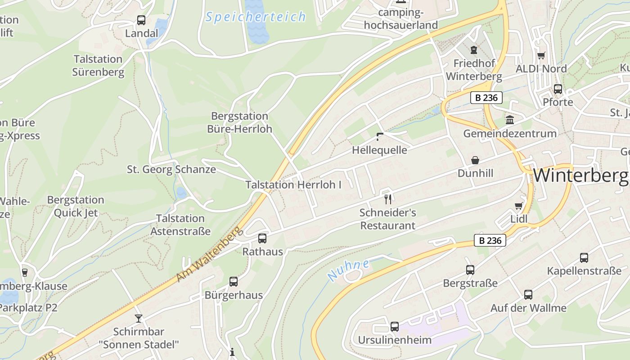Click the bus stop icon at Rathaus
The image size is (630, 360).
(262, 238)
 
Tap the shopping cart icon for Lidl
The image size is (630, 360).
(518, 206)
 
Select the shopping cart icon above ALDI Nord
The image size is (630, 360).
(541, 56)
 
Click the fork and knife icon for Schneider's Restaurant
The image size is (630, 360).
(388, 198)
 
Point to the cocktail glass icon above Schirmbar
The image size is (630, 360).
(139, 319)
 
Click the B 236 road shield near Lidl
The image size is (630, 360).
(490, 240)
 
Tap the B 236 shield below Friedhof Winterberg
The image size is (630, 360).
(486, 98)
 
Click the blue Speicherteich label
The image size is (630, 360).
(256, 18)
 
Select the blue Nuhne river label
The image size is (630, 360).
(348, 270)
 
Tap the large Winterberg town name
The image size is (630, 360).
(580, 175)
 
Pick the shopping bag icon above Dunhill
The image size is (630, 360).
(475, 160)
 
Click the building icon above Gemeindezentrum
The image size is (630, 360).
(510, 120)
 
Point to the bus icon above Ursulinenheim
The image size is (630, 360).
(395, 327)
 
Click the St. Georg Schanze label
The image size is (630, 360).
(171, 170)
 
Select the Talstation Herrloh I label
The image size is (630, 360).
(293, 184)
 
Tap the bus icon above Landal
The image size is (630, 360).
(141, 20)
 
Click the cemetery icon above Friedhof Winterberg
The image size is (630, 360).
(473, 49)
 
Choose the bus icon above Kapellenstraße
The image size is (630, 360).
(584, 258)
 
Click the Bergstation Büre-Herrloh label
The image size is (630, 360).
(239, 122)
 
